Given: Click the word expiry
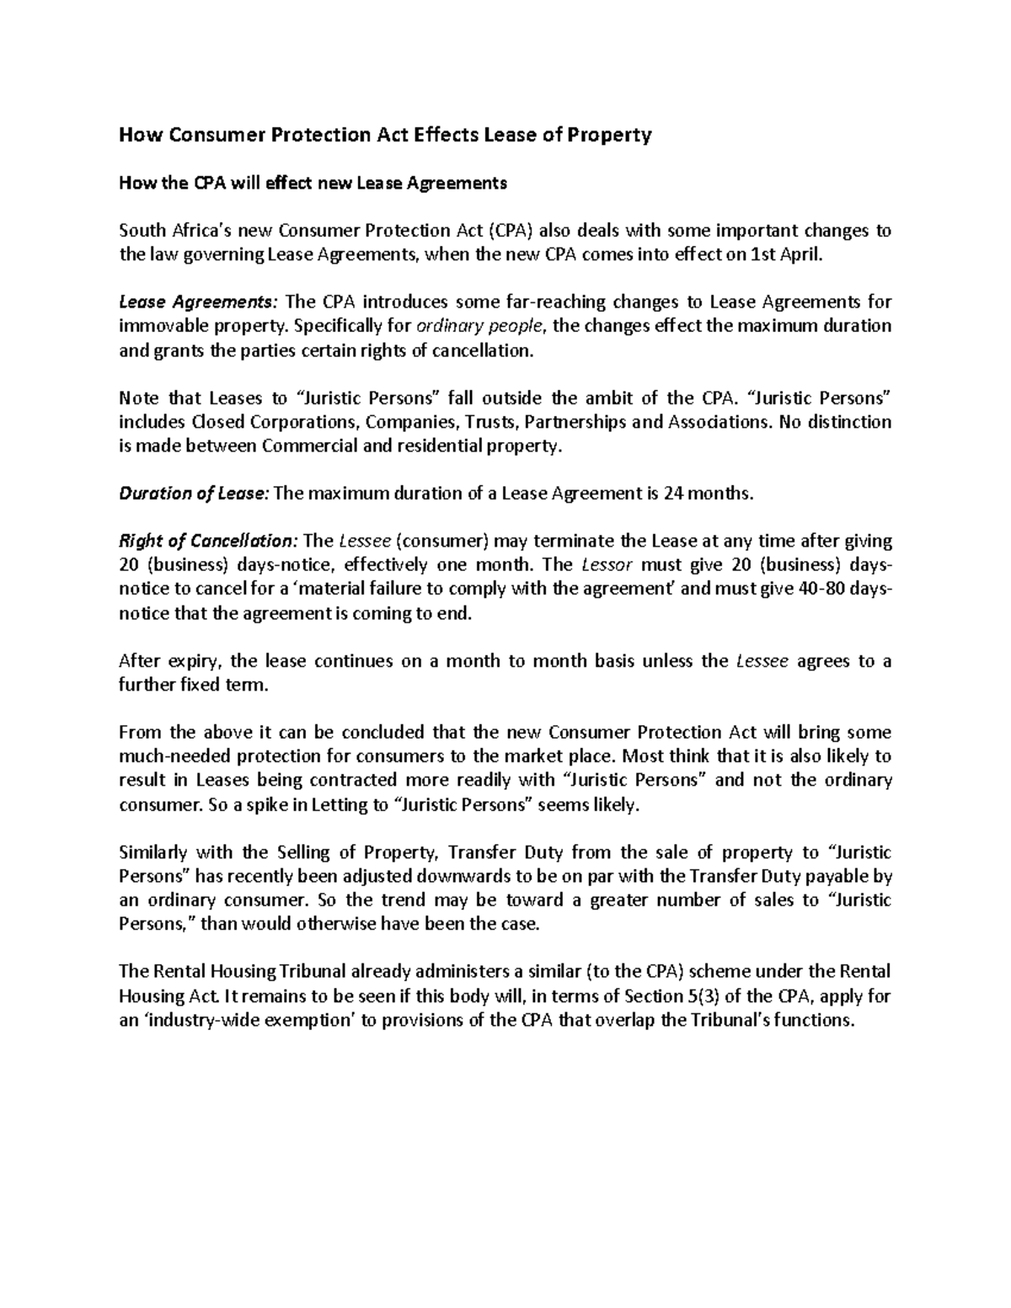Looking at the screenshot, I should pyautogui.click(x=195, y=661).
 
